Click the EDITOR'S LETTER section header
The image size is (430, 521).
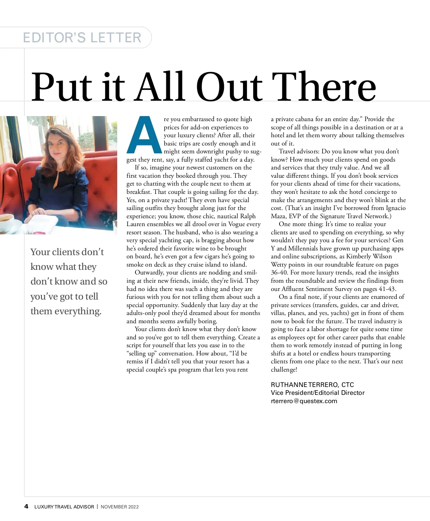tap(82, 38)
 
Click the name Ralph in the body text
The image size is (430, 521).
tap(248, 216)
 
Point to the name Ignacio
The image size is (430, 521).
tap(396, 208)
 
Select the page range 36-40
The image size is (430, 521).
tap(279, 273)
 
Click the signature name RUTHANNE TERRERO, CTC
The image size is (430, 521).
tap(312, 385)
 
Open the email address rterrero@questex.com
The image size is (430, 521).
tap(304, 401)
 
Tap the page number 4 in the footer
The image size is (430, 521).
tap(26, 506)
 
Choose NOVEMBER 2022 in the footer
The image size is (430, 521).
tap(119, 507)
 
